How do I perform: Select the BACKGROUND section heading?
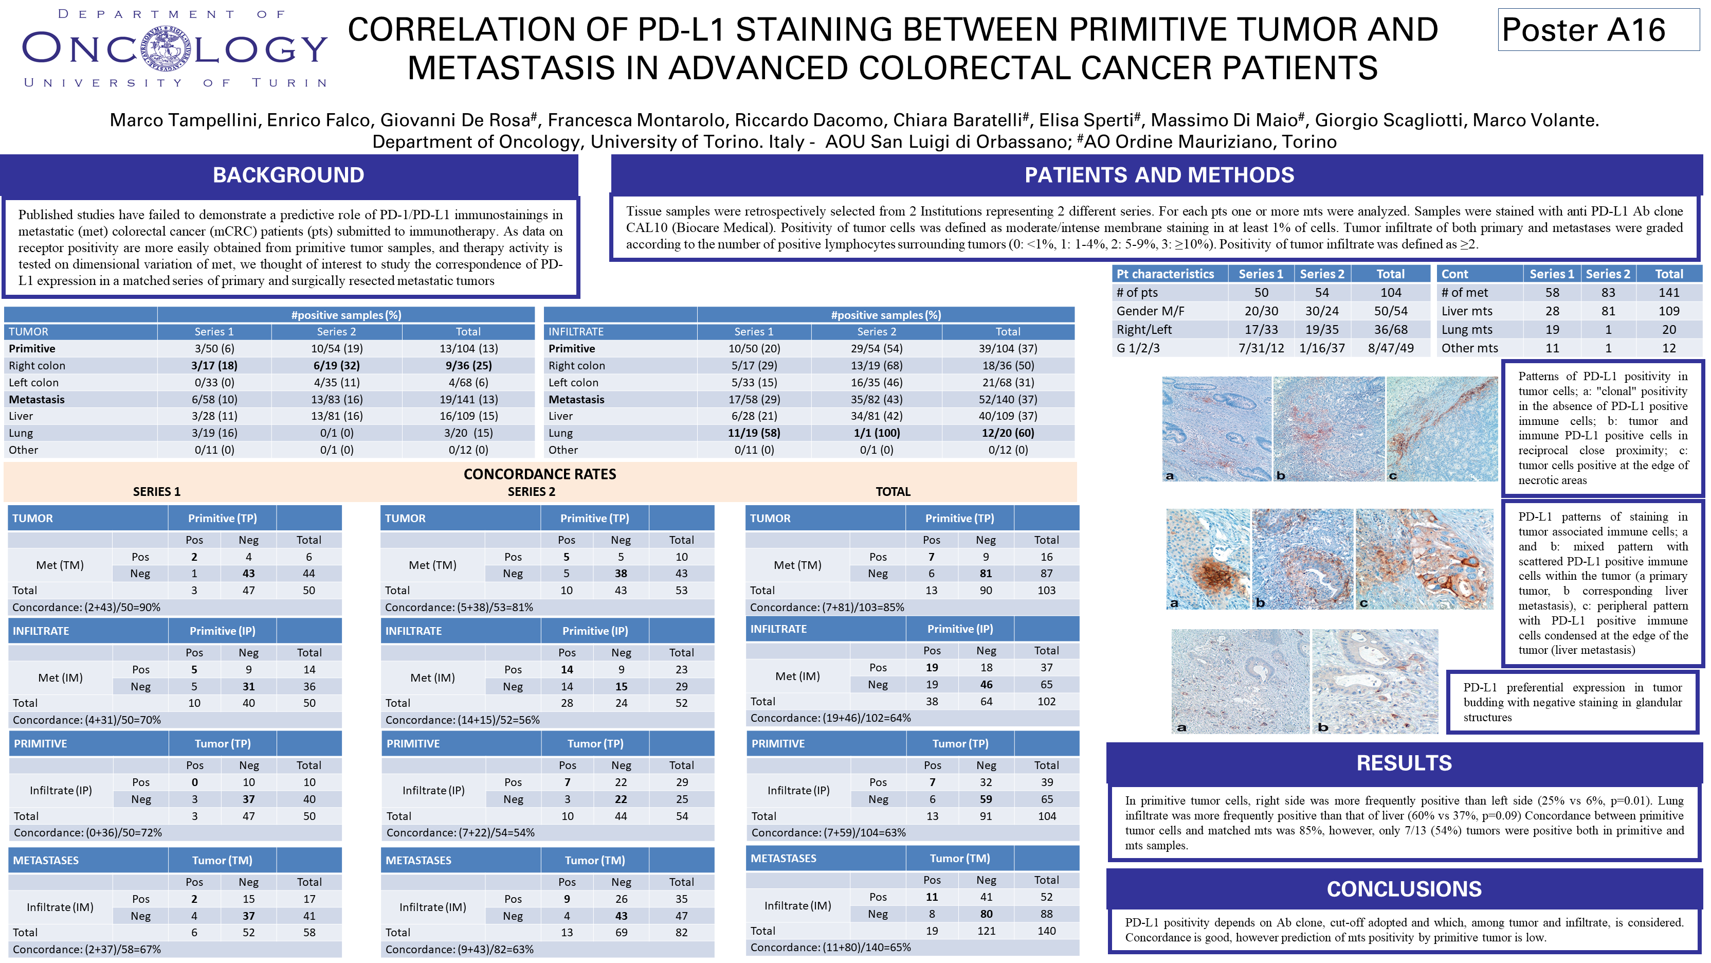click(288, 175)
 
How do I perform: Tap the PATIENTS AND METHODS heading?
click(1158, 175)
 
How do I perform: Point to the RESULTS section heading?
click(1404, 763)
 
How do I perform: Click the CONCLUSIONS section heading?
click(1404, 888)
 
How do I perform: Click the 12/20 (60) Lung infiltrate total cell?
click(1007, 433)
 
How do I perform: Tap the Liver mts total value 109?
click(1668, 311)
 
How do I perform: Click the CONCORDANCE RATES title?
click(539, 474)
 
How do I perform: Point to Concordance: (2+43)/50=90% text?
click(86, 608)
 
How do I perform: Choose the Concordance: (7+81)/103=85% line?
click(827, 608)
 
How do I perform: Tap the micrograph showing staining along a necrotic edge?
click(1441, 429)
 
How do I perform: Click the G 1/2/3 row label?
click(1138, 348)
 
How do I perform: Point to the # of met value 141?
click(1668, 292)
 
